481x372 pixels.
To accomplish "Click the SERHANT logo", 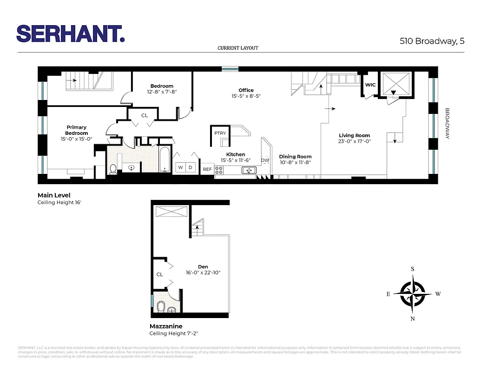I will pyautogui.click(x=71, y=33).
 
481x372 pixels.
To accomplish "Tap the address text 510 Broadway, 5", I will pyautogui.click(x=432, y=41).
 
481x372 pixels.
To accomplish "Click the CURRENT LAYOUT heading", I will pyautogui.click(x=237, y=48).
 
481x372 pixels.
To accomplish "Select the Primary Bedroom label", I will pyautogui.click(x=77, y=130).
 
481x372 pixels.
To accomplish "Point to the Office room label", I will pyautogui.click(x=246, y=90).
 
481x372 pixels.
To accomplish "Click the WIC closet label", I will pyautogui.click(x=370, y=85).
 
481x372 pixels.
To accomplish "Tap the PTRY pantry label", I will pyautogui.click(x=220, y=133).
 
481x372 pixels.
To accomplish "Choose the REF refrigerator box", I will pyautogui.click(x=207, y=169).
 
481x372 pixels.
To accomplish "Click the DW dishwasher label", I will pyautogui.click(x=265, y=160).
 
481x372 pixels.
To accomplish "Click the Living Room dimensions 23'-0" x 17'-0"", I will pyautogui.click(x=355, y=141).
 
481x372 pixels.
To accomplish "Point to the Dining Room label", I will pyautogui.click(x=295, y=157).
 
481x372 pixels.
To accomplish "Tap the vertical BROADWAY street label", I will pyautogui.click(x=448, y=124).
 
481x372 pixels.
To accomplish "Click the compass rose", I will pyautogui.click(x=413, y=294).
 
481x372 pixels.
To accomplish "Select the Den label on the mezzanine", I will pyautogui.click(x=203, y=266).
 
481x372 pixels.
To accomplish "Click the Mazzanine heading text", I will pyautogui.click(x=165, y=326).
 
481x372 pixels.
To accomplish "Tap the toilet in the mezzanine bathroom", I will pyautogui.click(x=162, y=307).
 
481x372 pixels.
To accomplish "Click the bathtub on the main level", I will pyautogui.click(x=165, y=160).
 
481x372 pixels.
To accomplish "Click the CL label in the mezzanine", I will pyautogui.click(x=159, y=274).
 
